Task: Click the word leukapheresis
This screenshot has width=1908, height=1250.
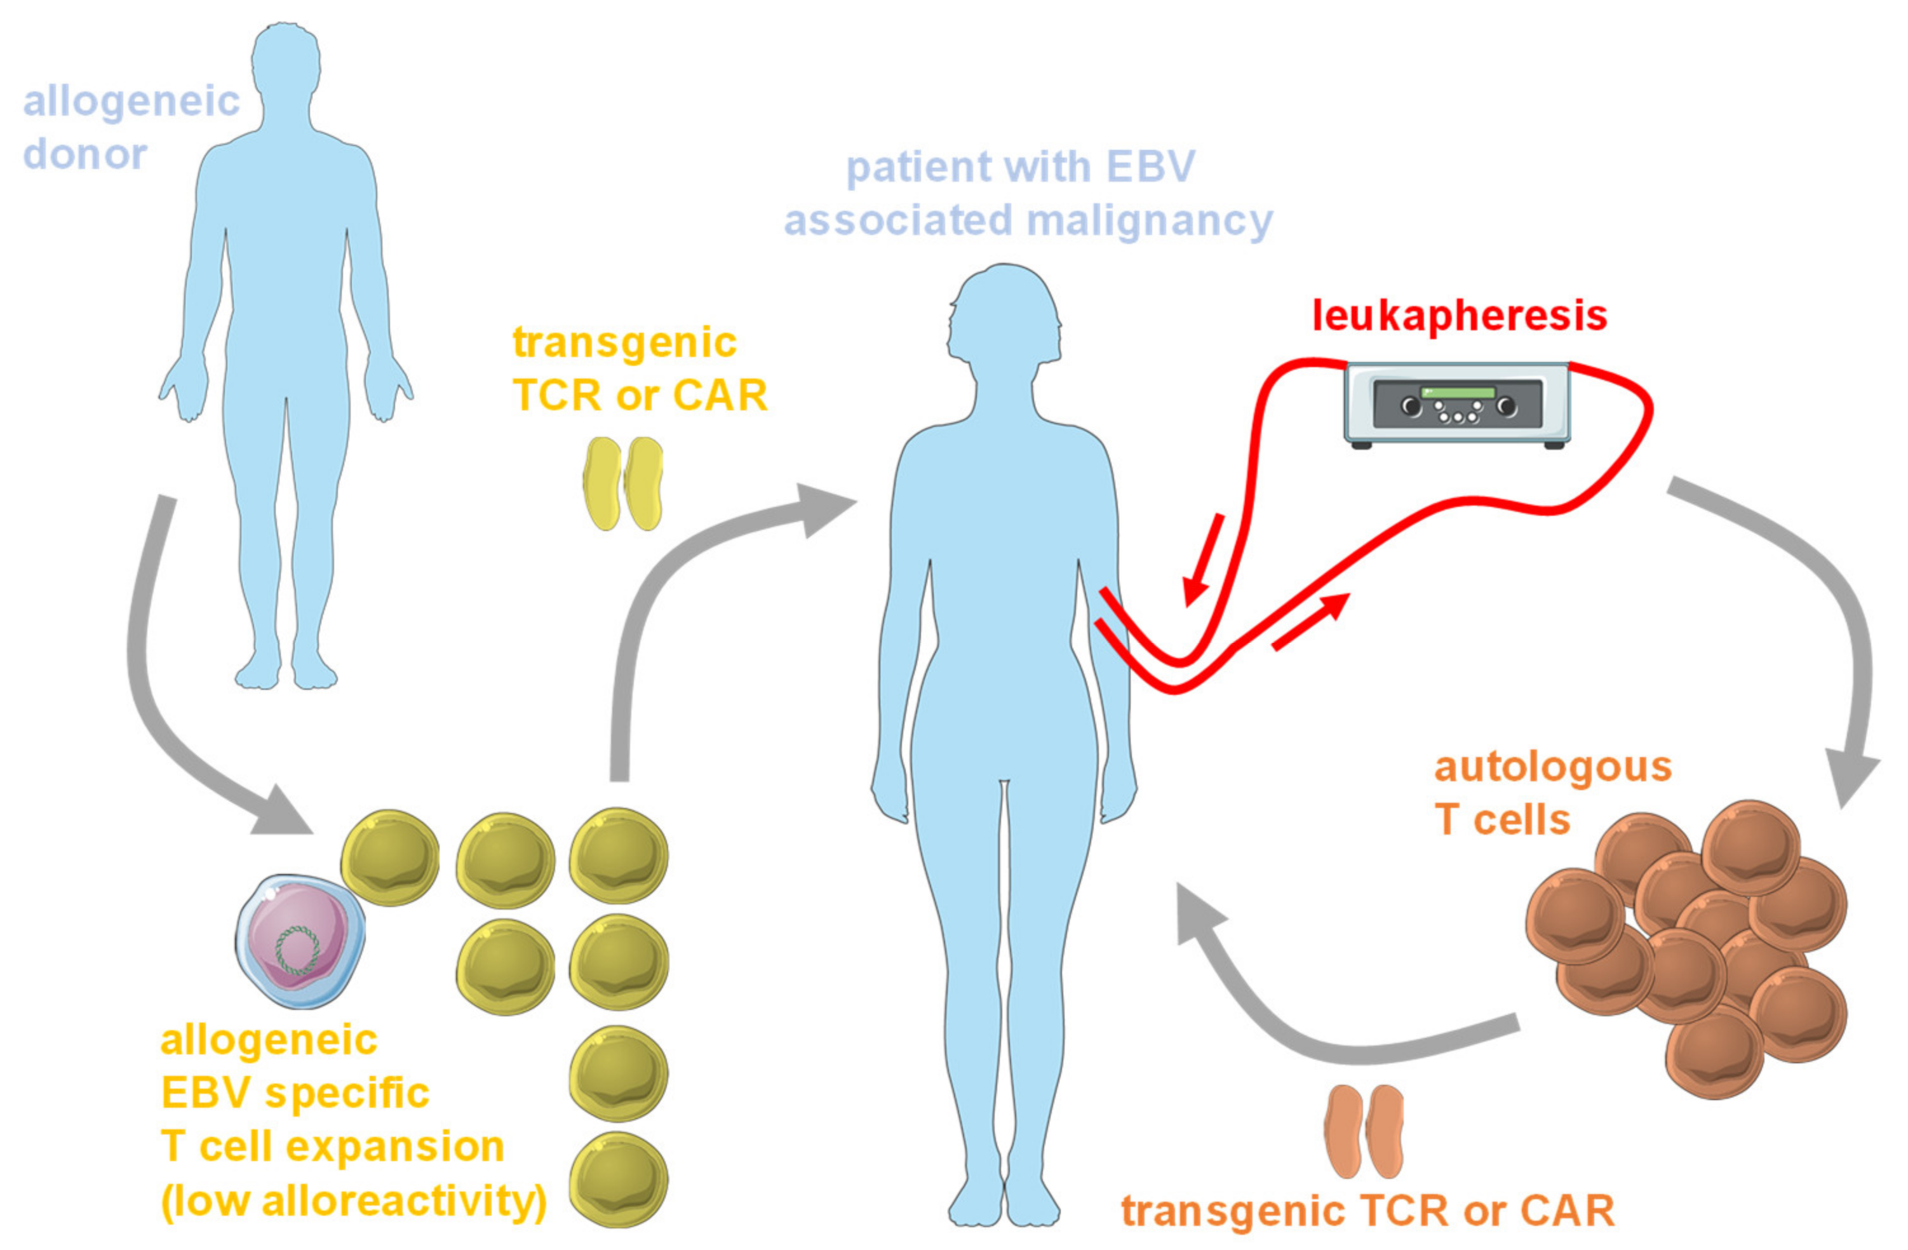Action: pyautogui.click(x=1459, y=315)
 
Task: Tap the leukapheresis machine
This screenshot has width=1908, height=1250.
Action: pyautogui.click(x=1456, y=403)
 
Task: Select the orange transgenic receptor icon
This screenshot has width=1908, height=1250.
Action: pyautogui.click(x=1363, y=1131)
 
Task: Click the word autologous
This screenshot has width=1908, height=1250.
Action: pyautogui.click(x=1552, y=767)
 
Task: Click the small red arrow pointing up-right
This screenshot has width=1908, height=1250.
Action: pyautogui.click(x=1311, y=621)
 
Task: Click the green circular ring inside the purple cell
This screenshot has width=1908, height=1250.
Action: pyautogui.click(x=297, y=950)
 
